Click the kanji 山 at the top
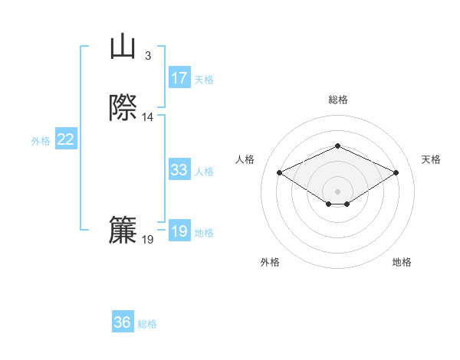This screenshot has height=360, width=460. [x=123, y=47]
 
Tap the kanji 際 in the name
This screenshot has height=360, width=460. [x=123, y=109]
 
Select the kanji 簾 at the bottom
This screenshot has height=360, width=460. [x=123, y=231]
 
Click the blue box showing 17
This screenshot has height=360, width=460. [x=179, y=78]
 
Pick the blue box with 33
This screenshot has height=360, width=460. [x=179, y=170]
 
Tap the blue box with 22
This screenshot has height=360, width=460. [x=66, y=139]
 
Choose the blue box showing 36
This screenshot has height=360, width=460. [x=123, y=322]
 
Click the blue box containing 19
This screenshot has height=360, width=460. [x=179, y=231]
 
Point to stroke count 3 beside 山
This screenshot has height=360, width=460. [x=148, y=55]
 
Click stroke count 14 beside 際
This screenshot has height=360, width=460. [x=148, y=117]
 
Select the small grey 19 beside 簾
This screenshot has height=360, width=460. [x=148, y=240]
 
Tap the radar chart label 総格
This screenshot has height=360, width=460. [x=337, y=100]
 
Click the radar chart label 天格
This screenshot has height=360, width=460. [x=431, y=159]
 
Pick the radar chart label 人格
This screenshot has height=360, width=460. [x=245, y=159]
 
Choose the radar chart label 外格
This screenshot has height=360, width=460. [x=269, y=262]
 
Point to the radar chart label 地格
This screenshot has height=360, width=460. [x=402, y=262]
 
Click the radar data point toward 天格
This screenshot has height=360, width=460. [x=396, y=172]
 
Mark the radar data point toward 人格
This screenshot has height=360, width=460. [x=279, y=172]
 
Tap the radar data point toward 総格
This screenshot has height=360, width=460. [x=337, y=146]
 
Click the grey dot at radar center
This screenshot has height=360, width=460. [x=337, y=191]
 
